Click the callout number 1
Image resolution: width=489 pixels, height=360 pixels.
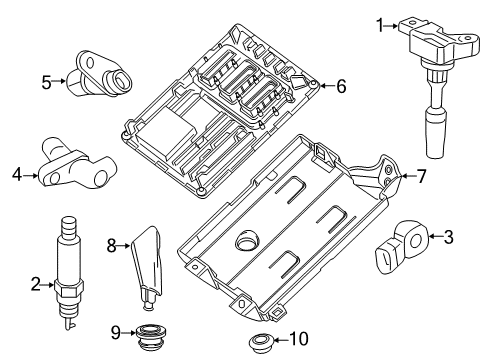(x=378, y=21)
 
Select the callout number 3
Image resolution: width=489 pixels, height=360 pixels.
(x=448, y=237)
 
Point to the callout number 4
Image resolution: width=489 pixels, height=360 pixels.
(x=16, y=176)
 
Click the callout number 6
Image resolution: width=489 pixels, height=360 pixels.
(x=341, y=87)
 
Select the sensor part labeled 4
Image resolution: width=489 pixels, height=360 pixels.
(x=74, y=165)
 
